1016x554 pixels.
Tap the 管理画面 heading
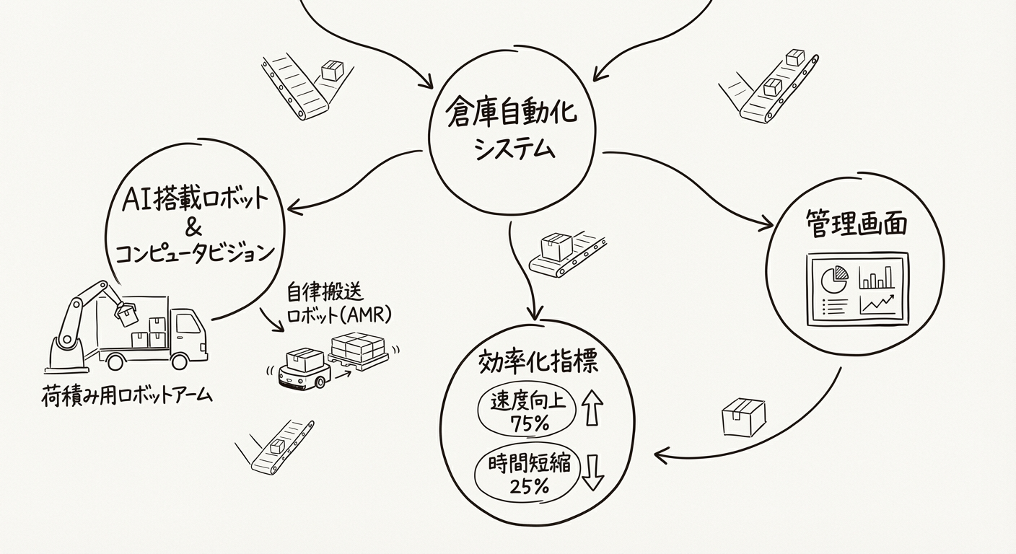coord(856,224)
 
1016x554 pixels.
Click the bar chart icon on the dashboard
coord(877,277)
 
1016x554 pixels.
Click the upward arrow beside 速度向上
coord(592,408)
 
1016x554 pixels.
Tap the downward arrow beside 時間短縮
coord(592,472)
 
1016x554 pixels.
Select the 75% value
coord(529,424)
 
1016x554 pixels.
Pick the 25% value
coord(529,485)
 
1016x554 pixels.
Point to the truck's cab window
coord(188,323)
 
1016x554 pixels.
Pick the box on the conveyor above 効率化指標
coord(556,247)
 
